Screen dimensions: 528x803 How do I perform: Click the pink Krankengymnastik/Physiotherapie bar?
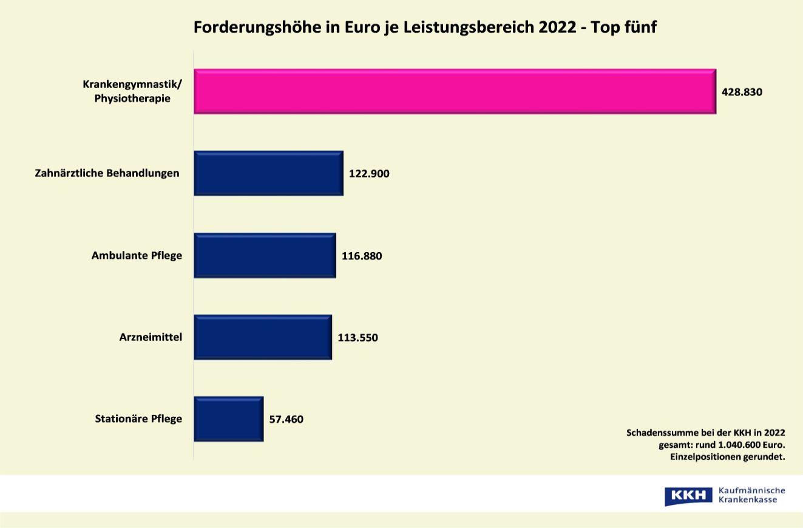[455, 92]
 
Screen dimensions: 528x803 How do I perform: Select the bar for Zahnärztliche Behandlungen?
[268, 173]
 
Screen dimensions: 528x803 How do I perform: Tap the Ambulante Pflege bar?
[265, 255]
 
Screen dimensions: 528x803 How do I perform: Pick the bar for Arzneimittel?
[263, 337]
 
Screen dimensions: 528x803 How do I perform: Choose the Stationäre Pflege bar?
[229, 419]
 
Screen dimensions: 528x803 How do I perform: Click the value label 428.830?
[742, 92]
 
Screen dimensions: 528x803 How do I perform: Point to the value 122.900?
[369, 174]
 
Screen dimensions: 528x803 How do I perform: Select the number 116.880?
[362, 256]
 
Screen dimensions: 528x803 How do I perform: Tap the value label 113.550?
[357, 338]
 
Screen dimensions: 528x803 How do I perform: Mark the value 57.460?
[286, 419]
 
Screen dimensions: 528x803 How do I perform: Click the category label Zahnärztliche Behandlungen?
[107, 173]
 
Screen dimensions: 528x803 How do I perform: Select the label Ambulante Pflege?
[137, 255]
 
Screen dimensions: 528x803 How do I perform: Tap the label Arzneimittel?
[151, 337]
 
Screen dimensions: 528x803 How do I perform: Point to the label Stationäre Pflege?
[138, 419]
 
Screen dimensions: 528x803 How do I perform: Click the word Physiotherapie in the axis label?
[132, 98]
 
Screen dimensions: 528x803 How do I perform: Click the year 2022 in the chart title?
[557, 27]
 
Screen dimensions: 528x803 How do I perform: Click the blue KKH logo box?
[688, 496]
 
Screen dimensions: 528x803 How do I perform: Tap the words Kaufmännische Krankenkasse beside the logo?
[751, 495]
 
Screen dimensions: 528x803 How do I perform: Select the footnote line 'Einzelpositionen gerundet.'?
[727, 456]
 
